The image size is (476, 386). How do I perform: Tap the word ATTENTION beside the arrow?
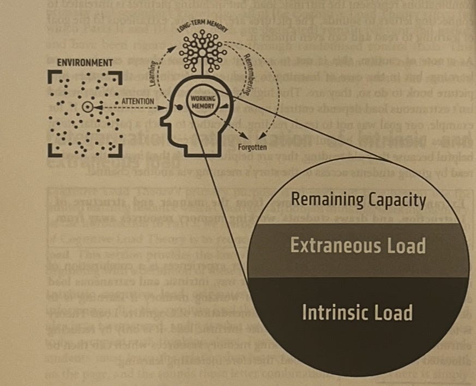[137, 101]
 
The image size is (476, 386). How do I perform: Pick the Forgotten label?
[252, 147]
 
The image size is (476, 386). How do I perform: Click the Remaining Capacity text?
[358, 200]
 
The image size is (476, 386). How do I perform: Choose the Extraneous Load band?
[358, 246]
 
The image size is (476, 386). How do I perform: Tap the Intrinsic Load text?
[357, 312]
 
